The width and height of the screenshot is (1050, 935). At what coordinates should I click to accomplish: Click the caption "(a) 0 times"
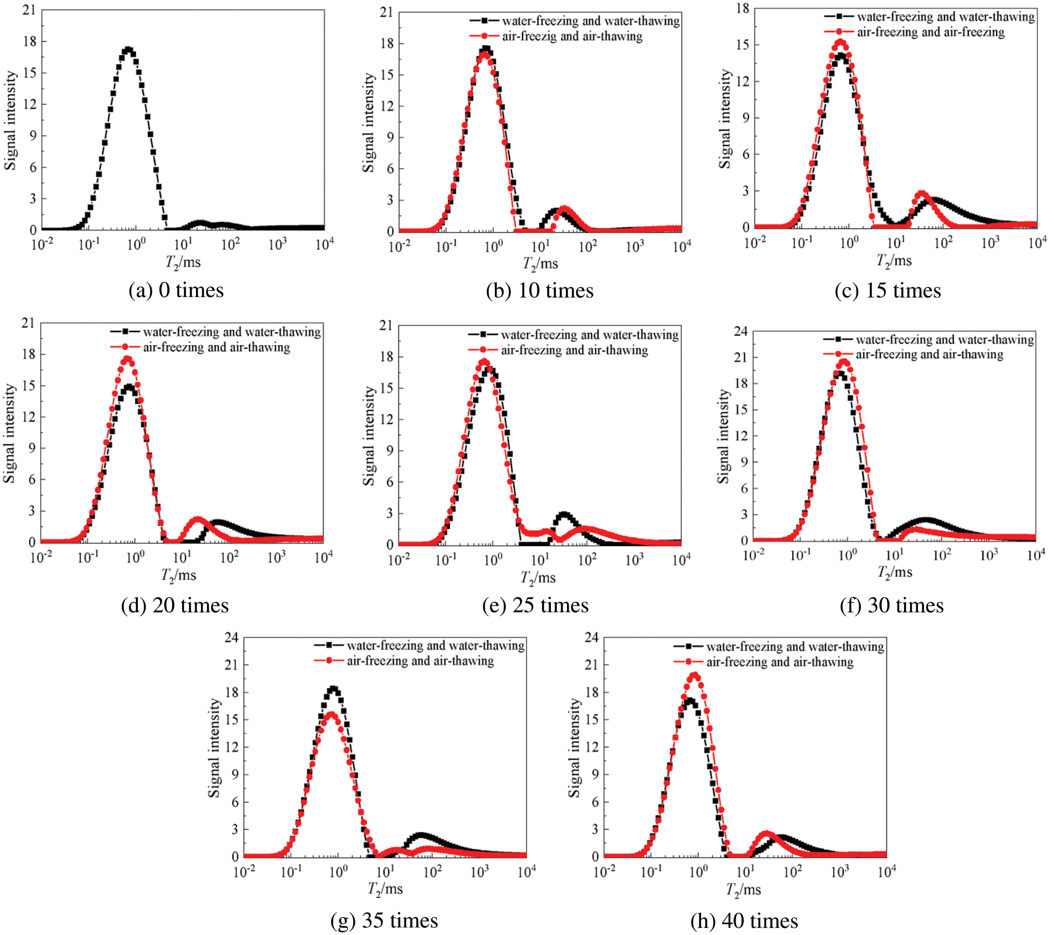(x=176, y=291)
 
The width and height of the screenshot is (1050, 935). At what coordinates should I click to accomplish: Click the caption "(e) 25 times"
(x=535, y=606)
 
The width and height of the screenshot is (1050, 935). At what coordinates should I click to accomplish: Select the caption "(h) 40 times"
(x=744, y=921)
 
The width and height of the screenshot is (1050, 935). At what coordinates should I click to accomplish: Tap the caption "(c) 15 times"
(x=887, y=291)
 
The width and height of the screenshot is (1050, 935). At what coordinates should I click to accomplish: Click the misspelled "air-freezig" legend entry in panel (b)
(x=572, y=37)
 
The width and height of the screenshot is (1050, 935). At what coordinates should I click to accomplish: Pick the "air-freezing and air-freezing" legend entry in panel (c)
(x=930, y=32)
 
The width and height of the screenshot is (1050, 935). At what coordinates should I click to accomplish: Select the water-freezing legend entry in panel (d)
(x=232, y=332)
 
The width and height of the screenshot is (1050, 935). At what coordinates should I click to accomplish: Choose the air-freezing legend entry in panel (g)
(x=420, y=661)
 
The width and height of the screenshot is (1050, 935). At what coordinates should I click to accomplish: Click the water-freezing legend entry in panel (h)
(x=795, y=646)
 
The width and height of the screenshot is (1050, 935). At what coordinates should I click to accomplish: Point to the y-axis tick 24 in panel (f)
(x=741, y=332)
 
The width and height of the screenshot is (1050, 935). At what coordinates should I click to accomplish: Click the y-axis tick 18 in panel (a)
(x=30, y=41)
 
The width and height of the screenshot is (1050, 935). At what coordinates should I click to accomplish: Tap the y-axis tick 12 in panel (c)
(x=743, y=81)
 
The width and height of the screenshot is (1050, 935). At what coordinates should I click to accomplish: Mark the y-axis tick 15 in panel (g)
(x=232, y=720)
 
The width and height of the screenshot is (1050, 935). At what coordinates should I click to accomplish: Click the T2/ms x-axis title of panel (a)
(x=183, y=263)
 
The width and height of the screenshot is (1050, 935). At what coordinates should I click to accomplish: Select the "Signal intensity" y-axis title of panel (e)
(x=369, y=435)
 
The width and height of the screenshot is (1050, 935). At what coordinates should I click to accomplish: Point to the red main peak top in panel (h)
(x=695, y=675)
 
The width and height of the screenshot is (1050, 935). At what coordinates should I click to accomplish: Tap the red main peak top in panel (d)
(x=128, y=358)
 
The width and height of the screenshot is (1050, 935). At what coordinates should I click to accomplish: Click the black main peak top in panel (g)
(x=333, y=688)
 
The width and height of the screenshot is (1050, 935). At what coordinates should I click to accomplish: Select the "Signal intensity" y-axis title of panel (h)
(x=575, y=748)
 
